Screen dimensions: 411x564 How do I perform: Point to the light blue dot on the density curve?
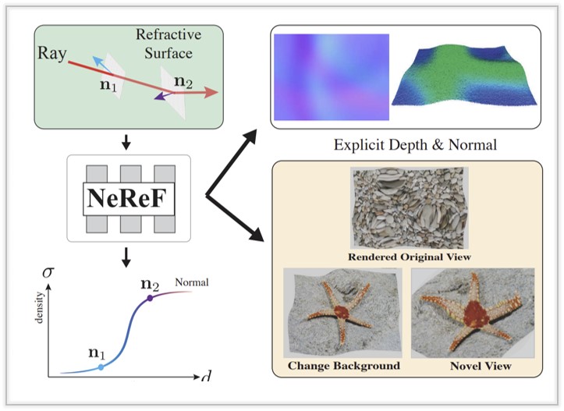101,366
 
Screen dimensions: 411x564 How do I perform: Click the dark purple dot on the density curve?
150,298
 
